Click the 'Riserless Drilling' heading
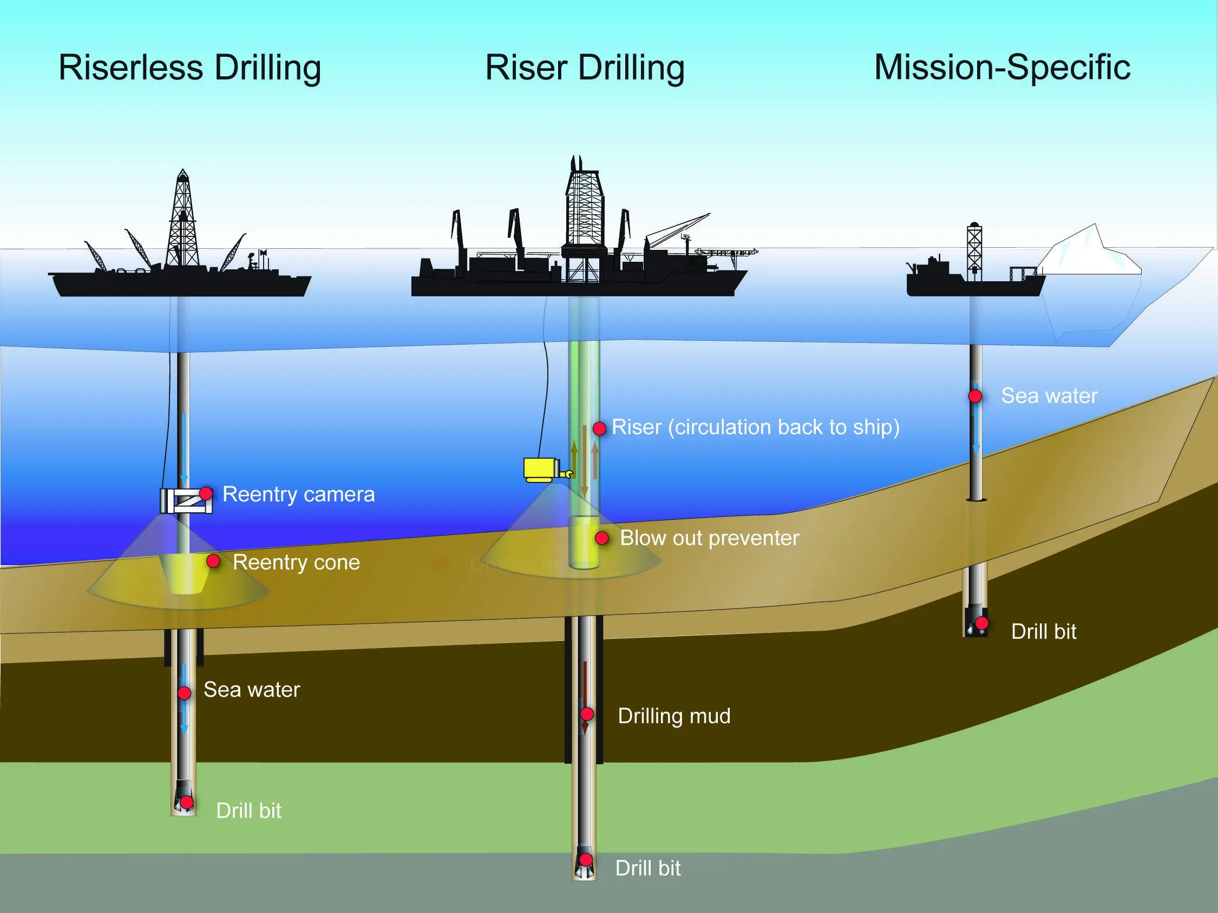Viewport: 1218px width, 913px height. (x=190, y=68)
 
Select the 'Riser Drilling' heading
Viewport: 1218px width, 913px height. (x=585, y=68)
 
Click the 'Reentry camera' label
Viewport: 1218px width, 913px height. (x=298, y=494)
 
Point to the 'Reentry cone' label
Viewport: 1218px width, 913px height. (x=296, y=562)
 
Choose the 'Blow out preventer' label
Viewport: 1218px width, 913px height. (x=709, y=538)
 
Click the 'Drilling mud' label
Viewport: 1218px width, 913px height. (x=674, y=716)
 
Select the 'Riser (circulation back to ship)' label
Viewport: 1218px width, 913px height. (x=756, y=427)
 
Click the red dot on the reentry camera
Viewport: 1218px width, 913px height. (x=206, y=493)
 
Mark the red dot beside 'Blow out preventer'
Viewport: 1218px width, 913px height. (x=602, y=538)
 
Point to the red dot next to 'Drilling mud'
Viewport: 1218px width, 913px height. (x=587, y=714)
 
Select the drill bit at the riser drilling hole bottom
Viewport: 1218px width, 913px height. (x=584, y=863)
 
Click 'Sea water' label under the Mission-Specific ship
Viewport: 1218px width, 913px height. (x=1049, y=396)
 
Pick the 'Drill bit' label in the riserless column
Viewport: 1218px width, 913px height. (x=249, y=811)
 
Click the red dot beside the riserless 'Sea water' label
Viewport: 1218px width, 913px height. (x=185, y=692)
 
